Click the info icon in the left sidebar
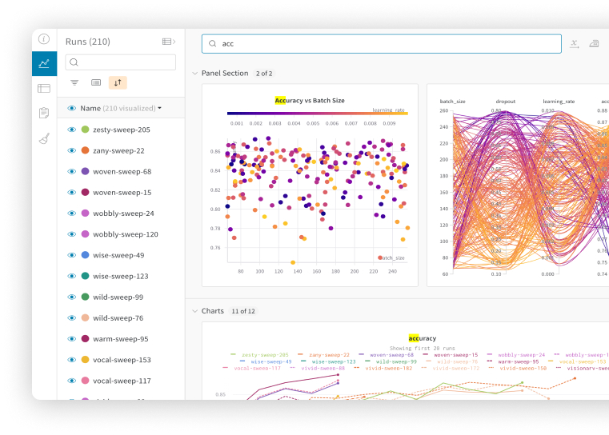pyautogui.click(x=44, y=39)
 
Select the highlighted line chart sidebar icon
pyautogui.click(x=44, y=63)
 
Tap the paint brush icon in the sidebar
pyautogui.click(x=44, y=138)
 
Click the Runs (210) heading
pyautogui.click(x=88, y=42)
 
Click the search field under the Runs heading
pyautogui.click(x=121, y=62)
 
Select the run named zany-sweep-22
pyautogui.click(x=118, y=150)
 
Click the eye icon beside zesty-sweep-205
pyautogui.click(x=71, y=130)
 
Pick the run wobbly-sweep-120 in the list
pyautogui.click(x=125, y=234)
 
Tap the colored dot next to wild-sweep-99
pyautogui.click(x=85, y=297)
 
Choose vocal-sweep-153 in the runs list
pyautogui.click(x=122, y=360)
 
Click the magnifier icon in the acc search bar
pyautogui.click(x=213, y=44)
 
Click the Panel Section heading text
pyautogui.click(x=225, y=74)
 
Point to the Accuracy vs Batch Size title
pyautogui.click(x=310, y=101)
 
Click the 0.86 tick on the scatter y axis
pyautogui.click(x=215, y=151)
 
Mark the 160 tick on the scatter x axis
pyautogui.click(x=316, y=272)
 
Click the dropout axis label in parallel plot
pyautogui.click(x=505, y=102)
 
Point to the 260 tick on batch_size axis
pyautogui.click(x=443, y=110)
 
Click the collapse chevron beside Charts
pyautogui.click(x=194, y=311)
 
